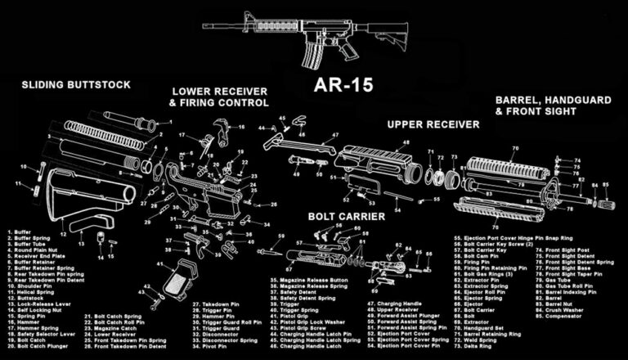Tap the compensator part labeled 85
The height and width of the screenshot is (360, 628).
click(x=606, y=196)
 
